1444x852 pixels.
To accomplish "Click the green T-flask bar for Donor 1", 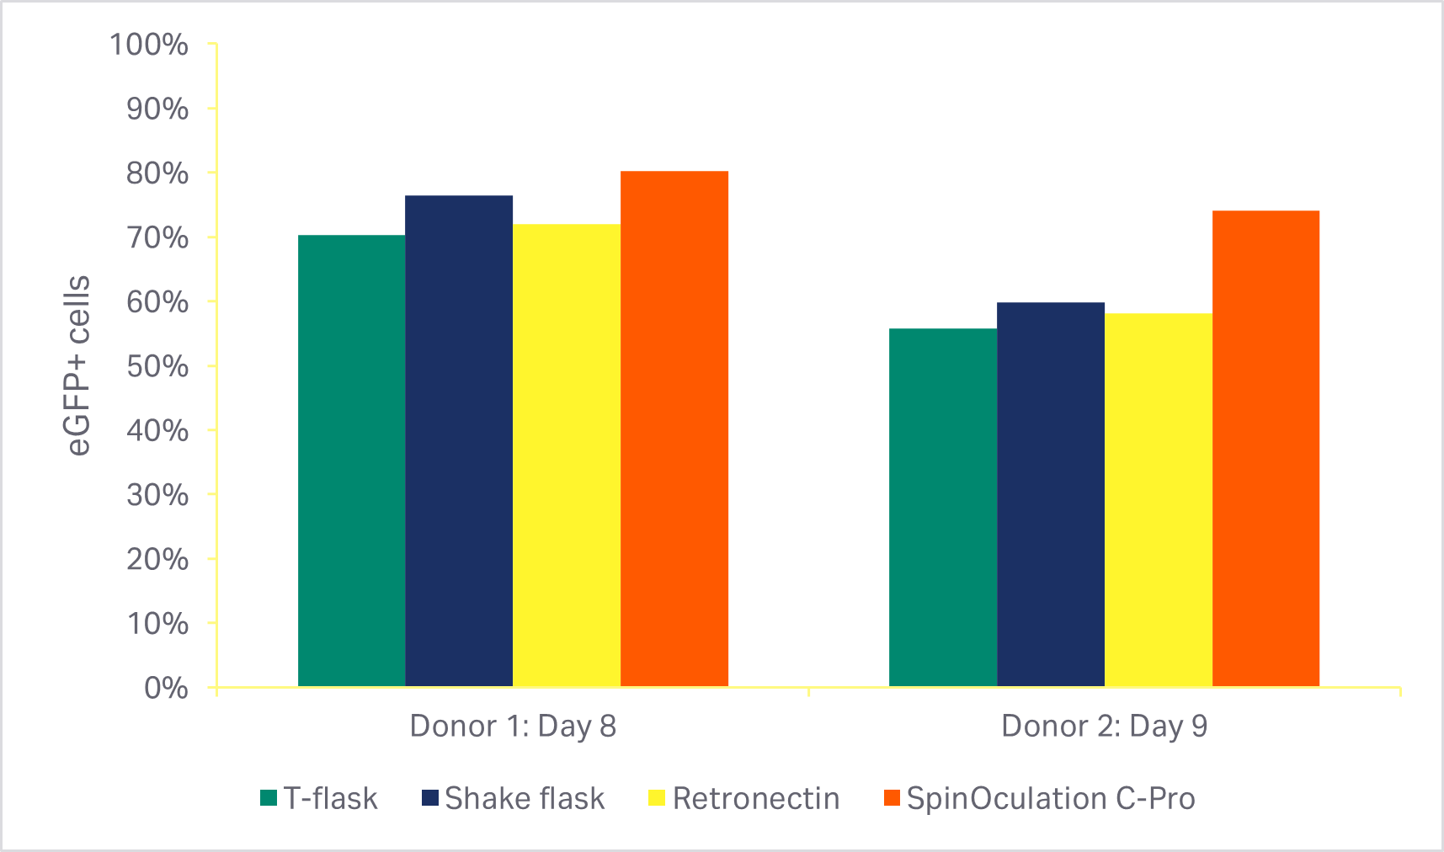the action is click(352, 461).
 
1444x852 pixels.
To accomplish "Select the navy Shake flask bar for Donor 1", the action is click(459, 441).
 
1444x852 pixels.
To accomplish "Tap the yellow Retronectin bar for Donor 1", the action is click(567, 455).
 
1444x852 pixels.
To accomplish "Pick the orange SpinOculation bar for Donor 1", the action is click(674, 429).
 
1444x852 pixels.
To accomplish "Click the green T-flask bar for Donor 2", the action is click(943, 508).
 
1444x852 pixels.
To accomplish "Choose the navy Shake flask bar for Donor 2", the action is click(1051, 494).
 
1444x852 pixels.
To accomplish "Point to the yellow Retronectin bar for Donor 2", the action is click(1159, 500).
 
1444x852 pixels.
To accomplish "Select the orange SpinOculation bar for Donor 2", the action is click(1265, 449).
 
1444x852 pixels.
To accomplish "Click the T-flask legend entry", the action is click(319, 798).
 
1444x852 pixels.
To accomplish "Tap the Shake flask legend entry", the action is click(513, 798).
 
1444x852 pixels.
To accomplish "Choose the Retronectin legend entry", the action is click(744, 798).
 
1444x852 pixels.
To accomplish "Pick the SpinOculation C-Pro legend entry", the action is click(1040, 798).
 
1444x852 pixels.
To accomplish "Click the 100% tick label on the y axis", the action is click(149, 45).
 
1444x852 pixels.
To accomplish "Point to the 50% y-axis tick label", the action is click(157, 366).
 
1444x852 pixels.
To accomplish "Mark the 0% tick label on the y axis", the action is click(166, 688).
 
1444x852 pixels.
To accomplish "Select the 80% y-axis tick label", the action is click(157, 173).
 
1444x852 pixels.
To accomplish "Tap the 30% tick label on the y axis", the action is click(157, 495).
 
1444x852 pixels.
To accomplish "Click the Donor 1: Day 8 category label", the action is click(513, 726).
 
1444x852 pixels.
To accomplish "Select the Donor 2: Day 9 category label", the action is click(1105, 726).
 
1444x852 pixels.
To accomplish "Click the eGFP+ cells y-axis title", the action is click(78, 365).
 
